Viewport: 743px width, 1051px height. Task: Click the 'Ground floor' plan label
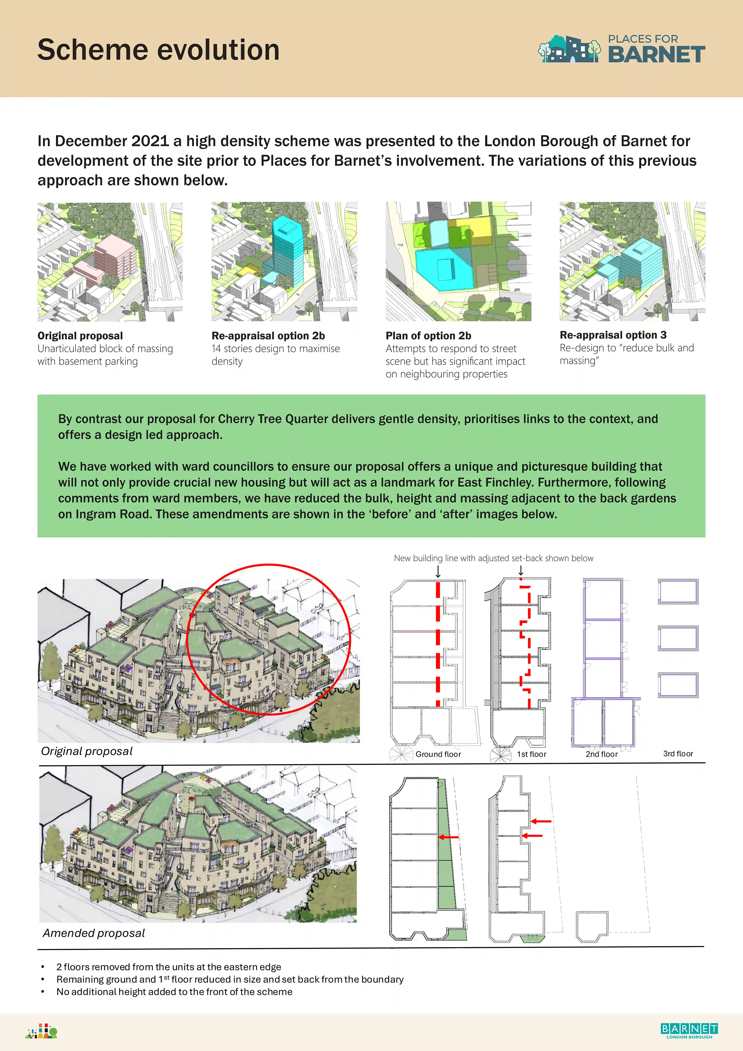pos(438,754)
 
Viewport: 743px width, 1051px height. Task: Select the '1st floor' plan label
pos(531,754)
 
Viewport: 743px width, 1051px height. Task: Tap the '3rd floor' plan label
pos(678,753)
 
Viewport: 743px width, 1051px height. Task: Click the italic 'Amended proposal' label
pos(94,933)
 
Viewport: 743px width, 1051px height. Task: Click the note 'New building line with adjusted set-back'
pos(493,558)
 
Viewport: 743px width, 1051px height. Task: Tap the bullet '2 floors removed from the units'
pos(169,967)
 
